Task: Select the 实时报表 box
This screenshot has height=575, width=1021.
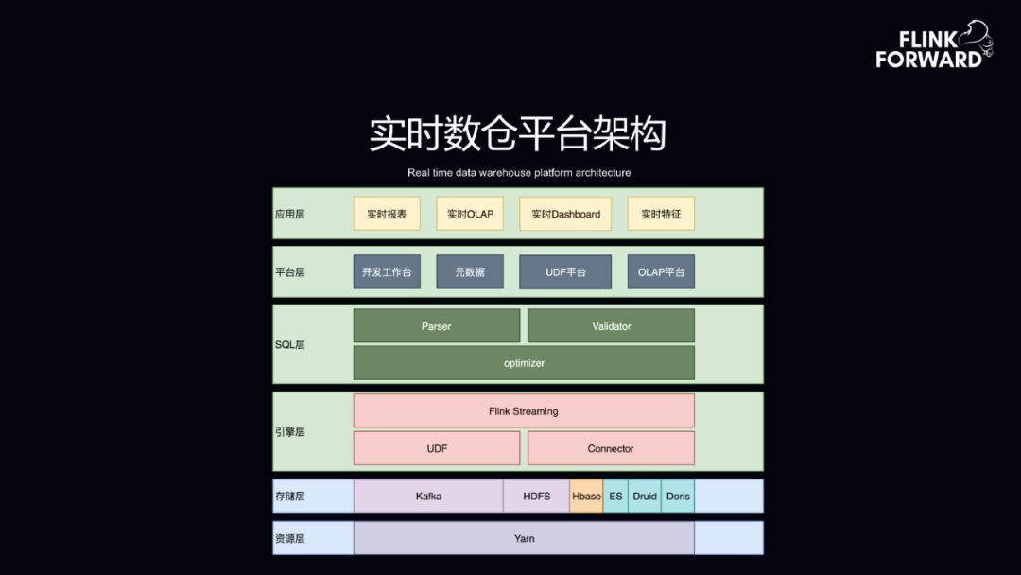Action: click(x=387, y=214)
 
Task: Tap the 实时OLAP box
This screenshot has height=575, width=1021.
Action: click(x=470, y=214)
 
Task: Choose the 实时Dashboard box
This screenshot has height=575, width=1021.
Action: click(x=565, y=214)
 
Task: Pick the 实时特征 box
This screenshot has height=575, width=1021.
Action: click(x=661, y=214)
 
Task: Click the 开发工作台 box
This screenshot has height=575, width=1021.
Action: click(x=387, y=271)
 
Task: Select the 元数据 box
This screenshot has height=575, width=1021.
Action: click(x=470, y=271)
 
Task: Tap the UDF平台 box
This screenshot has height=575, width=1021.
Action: click(x=565, y=271)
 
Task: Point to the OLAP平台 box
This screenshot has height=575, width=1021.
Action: click(x=661, y=271)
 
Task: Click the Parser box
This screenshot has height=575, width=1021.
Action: click(x=437, y=326)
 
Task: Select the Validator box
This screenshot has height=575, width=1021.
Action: click(x=611, y=326)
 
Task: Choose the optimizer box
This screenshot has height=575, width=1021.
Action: click(x=524, y=363)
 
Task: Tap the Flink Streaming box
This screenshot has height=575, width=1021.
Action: click(x=524, y=411)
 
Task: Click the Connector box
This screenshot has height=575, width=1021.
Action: click(x=611, y=448)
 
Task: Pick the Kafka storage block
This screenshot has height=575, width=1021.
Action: click(x=428, y=496)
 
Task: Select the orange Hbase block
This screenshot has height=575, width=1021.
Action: click(x=586, y=496)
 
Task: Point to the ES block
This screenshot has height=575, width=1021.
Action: click(x=615, y=496)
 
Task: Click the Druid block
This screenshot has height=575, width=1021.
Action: click(x=645, y=496)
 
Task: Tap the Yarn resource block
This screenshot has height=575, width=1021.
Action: click(x=524, y=538)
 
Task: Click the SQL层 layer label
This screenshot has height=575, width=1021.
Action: click(x=289, y=344)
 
